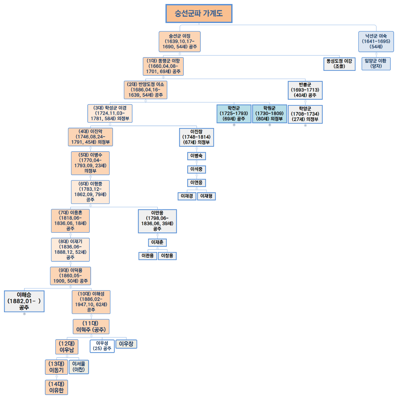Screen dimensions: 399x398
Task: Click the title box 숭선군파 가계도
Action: pos(199,13)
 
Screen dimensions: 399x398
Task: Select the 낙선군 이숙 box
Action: pos(376,42)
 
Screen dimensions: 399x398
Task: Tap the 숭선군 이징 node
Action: pos(179,42)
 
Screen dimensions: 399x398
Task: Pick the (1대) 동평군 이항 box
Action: pos(163,66)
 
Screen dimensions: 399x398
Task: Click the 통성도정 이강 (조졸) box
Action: pos(339,64)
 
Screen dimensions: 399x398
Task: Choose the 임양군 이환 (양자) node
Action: pos(376,64)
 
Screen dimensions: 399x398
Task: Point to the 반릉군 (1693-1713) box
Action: pos(305,90)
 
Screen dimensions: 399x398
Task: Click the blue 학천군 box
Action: pos(234,114)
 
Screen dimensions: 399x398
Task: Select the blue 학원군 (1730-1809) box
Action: pos(269,114)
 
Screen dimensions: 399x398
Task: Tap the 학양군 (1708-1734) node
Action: pos(305,114)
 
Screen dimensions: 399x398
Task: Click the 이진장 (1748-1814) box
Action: pos(196,137)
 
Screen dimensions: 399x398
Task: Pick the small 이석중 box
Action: pos(196,169)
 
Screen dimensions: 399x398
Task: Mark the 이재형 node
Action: pos(206,196)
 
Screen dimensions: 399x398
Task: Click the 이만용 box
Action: pos(157,221)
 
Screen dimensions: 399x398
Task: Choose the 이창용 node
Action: pos(167,256)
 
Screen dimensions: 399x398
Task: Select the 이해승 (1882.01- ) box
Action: pos(24,301)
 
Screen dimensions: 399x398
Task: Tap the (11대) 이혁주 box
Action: pos(91,327)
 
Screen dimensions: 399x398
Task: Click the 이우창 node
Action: pos(126,344)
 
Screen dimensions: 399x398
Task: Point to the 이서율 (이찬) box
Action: pos(79,367)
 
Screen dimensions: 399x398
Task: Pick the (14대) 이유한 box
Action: pos(56,387)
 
